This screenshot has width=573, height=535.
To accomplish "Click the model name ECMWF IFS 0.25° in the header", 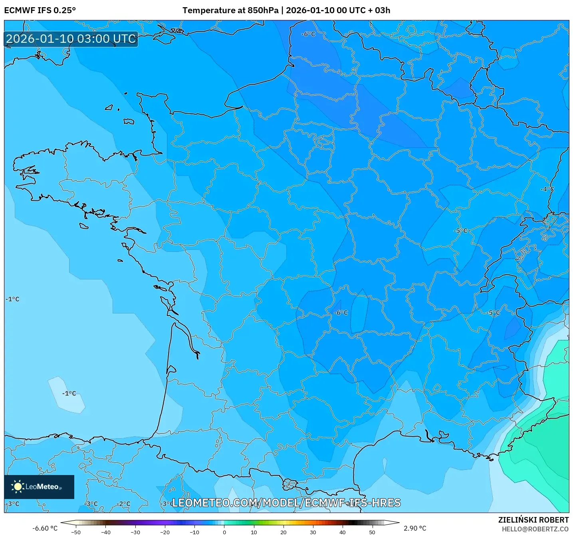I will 40,10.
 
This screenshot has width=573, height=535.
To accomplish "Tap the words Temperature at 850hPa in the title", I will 230,10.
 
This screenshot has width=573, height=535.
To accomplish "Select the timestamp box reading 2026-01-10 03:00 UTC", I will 71,39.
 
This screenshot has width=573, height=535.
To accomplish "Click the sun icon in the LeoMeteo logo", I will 18,486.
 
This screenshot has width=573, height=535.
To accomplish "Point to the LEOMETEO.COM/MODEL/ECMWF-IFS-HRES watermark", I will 286,503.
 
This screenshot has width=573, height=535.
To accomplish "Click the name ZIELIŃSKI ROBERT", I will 533,520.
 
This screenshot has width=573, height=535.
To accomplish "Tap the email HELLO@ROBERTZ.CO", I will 535,529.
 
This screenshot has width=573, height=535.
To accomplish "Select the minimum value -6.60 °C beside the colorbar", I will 45,528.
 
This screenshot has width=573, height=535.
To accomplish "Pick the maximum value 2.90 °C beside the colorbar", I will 415,528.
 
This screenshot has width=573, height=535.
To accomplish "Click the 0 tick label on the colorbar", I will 224,532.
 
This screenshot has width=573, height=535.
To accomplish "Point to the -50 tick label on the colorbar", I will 76,532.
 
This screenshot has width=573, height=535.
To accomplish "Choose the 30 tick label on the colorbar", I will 313,532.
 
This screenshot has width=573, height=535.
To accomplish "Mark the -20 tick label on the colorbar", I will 165,532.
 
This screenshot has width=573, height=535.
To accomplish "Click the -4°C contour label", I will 547,189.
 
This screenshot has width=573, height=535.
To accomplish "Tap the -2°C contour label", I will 123,504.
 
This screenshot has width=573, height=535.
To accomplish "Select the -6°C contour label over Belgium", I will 308,34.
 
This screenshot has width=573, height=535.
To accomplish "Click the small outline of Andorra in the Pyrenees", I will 290,484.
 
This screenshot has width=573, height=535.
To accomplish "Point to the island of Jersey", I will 129,121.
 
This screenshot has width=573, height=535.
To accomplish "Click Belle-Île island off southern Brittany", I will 83,226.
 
